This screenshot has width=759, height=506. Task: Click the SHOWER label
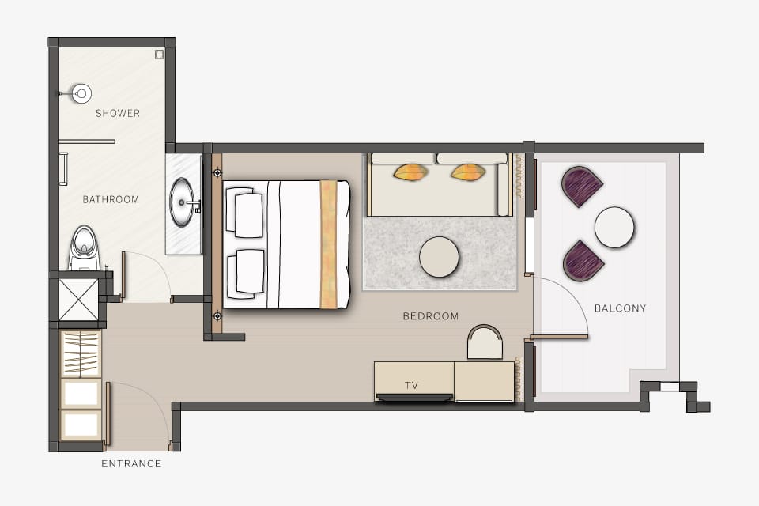click(x=118, y=113)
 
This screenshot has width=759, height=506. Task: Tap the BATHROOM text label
click(x=111, y=199)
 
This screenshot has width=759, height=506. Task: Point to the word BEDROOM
click(x=431, y=316)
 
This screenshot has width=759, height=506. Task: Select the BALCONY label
click(x=620, y=308)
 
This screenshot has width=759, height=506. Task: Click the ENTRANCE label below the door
click(x=131, y=463)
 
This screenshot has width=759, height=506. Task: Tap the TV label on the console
click(x=411, y=386)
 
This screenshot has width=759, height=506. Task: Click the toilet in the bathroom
click(x=85, y=247)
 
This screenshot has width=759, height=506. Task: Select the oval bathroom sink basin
click(x=182, y=202)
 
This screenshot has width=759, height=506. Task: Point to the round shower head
click(x=81, y=93)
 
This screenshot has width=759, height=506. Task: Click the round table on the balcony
click(x=614, y=227)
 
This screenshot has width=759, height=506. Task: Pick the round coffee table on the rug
click(x=439, y=257)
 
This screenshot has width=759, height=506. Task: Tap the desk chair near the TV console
click(x=485, y=342)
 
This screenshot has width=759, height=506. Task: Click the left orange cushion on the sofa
click(x=410, y=172)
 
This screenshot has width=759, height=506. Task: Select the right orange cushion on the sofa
click(x=468, y=172)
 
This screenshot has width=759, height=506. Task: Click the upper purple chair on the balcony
click(x=581, y=187)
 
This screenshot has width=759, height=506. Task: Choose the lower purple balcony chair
click(x=583, y=261)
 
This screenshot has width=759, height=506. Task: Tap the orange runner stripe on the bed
click(x=328, y=244)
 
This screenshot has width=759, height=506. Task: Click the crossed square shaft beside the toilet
click(x=78, y=300)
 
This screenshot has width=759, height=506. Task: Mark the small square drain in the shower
click(x=159, y=55)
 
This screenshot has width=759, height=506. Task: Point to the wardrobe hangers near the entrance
click(x=81, y=353)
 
